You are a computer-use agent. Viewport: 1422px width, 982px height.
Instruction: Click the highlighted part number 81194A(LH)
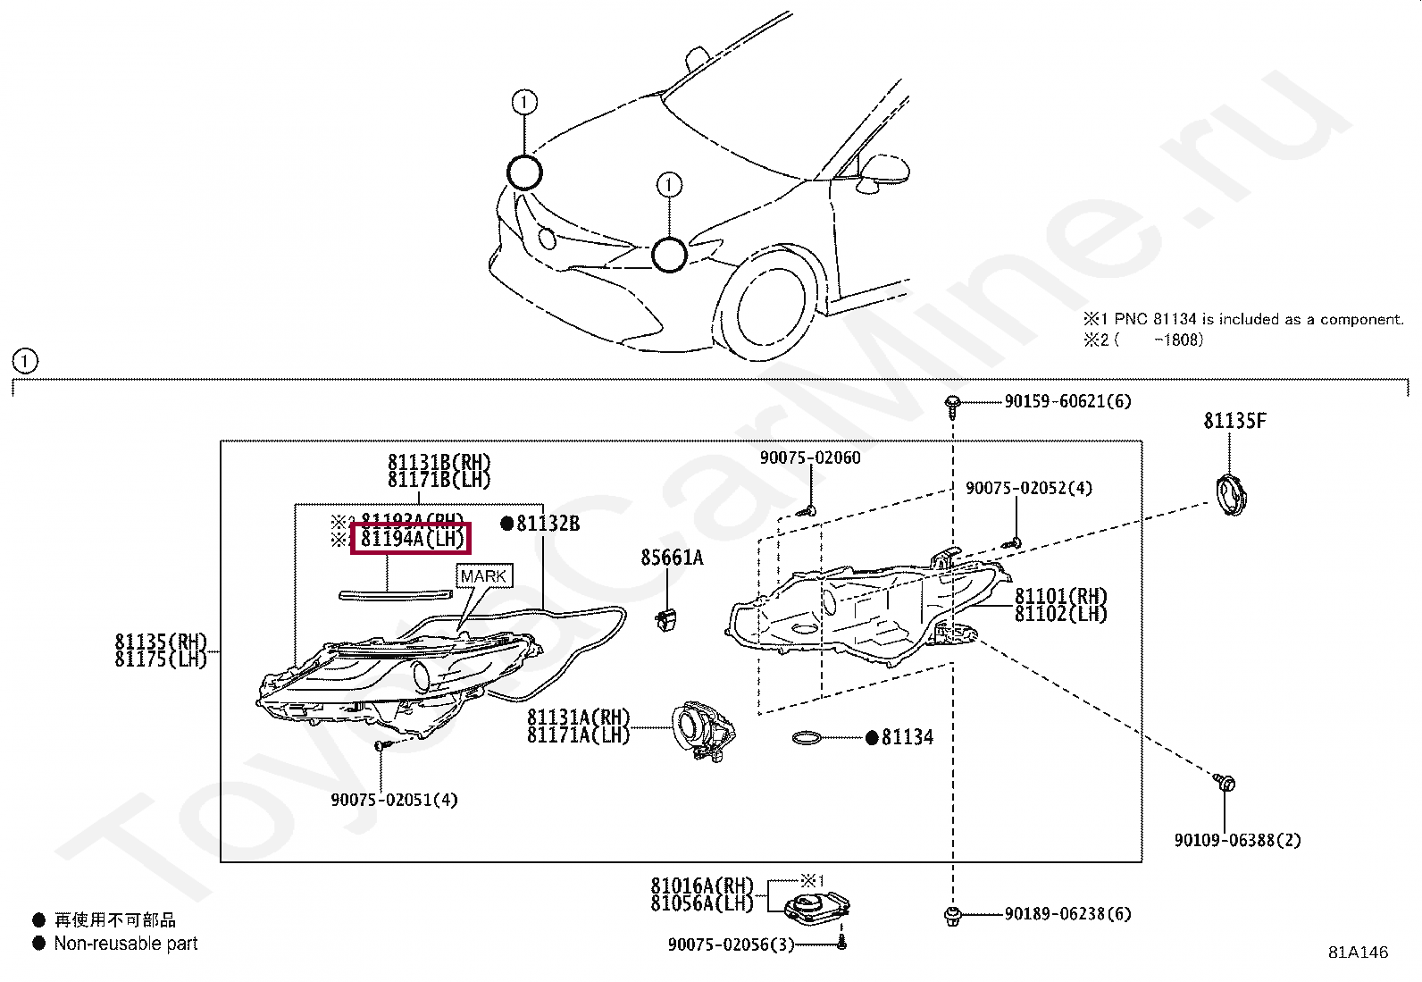(412, 540)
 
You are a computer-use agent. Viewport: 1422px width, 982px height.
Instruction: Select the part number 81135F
(1234, 421)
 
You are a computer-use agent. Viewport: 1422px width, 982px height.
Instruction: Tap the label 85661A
(672, 558)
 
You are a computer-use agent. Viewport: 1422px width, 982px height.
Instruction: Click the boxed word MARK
(484, 576)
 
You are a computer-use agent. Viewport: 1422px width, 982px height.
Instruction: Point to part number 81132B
(548, 524)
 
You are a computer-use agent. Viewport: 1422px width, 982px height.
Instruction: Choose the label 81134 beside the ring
(907, 737)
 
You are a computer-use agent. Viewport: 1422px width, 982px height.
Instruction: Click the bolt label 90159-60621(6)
(1067, 402)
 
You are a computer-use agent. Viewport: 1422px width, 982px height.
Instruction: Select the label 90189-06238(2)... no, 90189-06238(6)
(1067, 914)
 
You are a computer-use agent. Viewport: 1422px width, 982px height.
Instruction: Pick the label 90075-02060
(810, 458)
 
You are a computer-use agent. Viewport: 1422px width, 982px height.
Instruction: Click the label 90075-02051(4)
(394, 800)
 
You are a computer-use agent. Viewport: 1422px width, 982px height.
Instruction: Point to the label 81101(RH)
(1061, 596)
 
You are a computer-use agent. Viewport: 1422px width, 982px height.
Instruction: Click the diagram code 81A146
(1358, 953)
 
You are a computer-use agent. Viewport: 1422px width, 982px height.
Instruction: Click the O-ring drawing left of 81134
(809, 738)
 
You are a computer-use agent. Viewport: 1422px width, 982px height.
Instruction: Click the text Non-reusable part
(126, 944)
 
